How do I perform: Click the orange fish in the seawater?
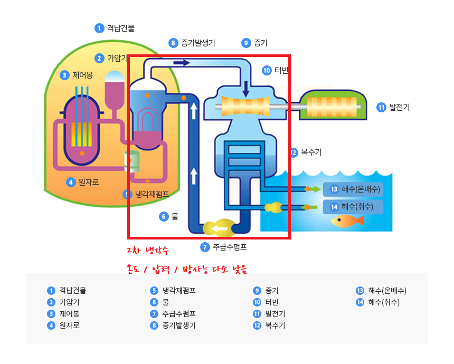tap(346, 221)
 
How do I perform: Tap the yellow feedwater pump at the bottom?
tap(220, 228)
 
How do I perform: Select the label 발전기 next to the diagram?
tap(400, 107)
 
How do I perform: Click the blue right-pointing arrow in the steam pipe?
tap(182, 62)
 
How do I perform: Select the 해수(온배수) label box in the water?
tap(353, 189)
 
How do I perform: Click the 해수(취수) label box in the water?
tap(353, 207)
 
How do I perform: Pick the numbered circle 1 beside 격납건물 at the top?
tap(99, 28)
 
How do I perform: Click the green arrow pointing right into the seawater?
tap(314, 189)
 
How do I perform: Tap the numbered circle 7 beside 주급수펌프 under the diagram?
tap(205, 247)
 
